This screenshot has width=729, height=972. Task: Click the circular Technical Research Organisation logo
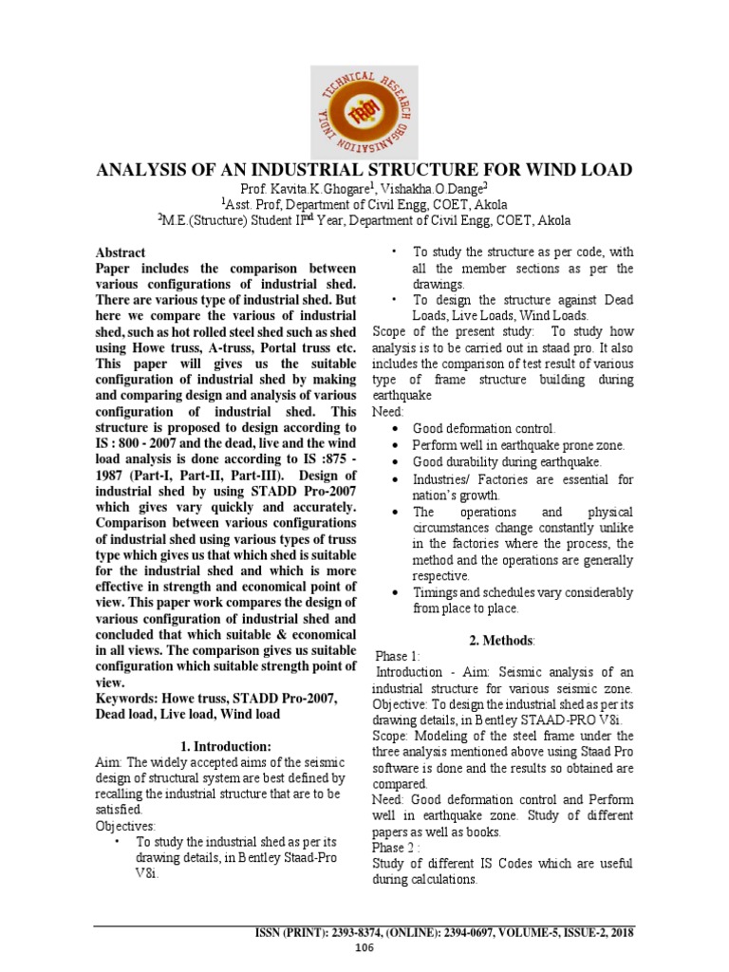(364, 109)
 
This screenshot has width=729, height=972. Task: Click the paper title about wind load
(364, 171)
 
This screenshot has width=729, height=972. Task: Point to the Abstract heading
(121, 253)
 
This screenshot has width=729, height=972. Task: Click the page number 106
(364, 948)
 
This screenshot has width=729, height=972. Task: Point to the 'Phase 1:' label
(399, 656)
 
